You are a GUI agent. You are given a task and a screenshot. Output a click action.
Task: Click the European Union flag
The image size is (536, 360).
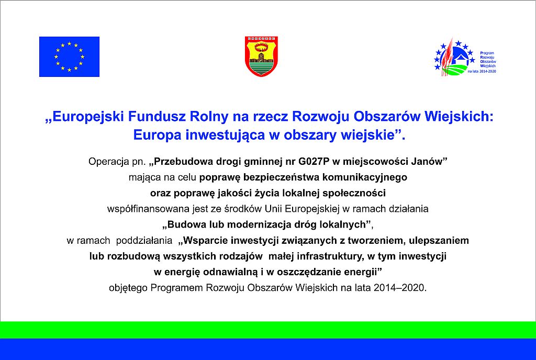pos(69,57)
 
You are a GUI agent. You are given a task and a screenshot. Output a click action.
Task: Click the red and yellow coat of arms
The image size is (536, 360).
pos(261,56)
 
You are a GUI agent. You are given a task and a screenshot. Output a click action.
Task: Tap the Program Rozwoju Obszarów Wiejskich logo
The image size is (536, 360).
pos(464,58)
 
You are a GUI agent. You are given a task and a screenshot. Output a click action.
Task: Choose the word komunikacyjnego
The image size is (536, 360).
pos(366,177)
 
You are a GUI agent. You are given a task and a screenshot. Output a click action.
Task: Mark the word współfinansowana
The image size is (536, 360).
pos(140,209)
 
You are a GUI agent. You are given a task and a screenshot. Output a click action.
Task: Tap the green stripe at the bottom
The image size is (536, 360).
pos(268,330)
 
